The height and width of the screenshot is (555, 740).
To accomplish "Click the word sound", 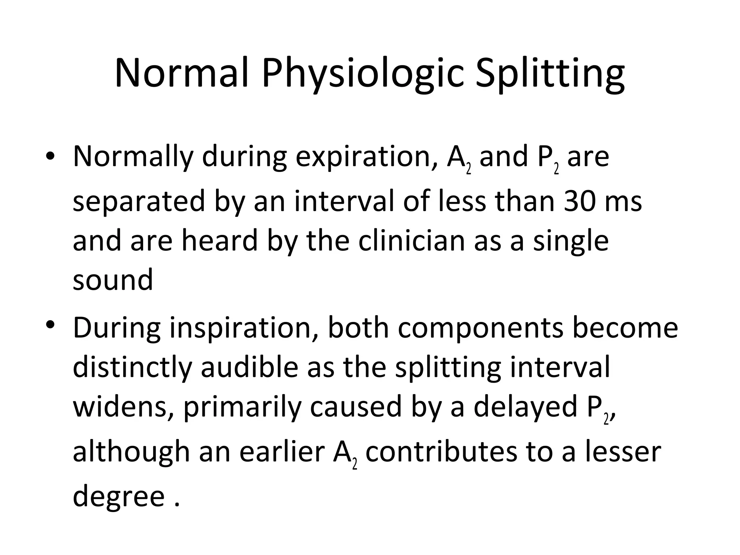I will click(x=113, y=280).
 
